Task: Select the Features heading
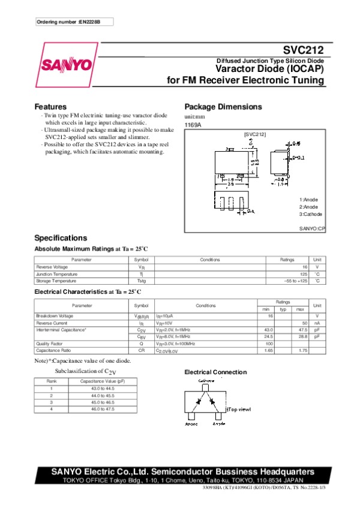(x=50, y=107)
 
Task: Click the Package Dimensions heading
(x=223, y=107)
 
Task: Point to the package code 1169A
(x=193, y=124)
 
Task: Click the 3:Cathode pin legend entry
(x=311, y=214)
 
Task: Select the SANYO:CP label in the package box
(x=312, y=229)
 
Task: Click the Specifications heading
(x=61, y=238)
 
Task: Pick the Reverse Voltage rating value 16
(x=305, y=267)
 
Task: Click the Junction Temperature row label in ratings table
(x=56, y=274)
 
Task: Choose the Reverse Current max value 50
(x=305, y=323)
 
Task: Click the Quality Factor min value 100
(x=269, y=344)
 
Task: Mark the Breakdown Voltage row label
(x=55, y=316)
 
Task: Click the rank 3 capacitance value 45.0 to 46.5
(x=101, y=402)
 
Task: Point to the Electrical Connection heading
(x=215, y=372)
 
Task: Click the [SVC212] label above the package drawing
(x=254, y=135)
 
